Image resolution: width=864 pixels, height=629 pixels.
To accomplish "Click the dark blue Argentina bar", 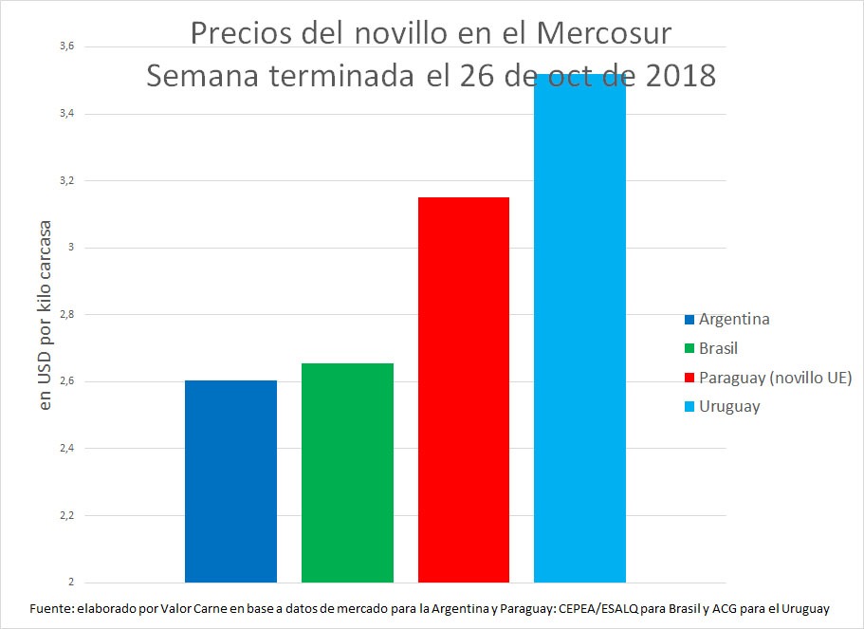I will pyautogui.click(x=230, y=481).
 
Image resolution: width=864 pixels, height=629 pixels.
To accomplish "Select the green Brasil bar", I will pyautogui.click(x=347, y=472).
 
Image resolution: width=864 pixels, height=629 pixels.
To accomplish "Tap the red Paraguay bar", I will pyautogui.click(x=464, y=389).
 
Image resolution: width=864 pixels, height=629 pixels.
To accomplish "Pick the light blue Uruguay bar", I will pyautogui.click(x=579, y=327).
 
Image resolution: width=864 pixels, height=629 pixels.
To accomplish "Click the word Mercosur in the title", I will pyautogui.click(x=604, y=33).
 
